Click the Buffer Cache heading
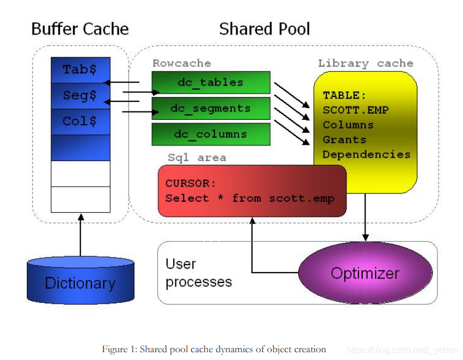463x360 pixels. pyautogui.click(x=80, y=29)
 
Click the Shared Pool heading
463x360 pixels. pyautogui.click(x=265, y=29)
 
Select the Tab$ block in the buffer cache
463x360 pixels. pyautogui.click(x=81, y=70)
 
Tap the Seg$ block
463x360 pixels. pyautogui.click(x=81, y=96)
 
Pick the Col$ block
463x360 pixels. pyautogui.click(x=81, y=121)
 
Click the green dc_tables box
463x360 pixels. pyautogui.click(x=211, y=82)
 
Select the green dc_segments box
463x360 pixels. pyautogui.click(x=211, y=108)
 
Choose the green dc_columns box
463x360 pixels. pyautogui.click(x=211, y=134)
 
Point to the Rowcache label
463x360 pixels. pyautogui.click(x=182, y=63)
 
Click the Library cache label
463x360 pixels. pyautogui.click(x=365, y=64)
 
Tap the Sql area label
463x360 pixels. pyautogui.click(x=197, y=158)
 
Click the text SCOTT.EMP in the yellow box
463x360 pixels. pyautogui.click(x=356, y=110)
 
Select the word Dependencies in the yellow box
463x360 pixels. pyautogui.click(x=367, y=154)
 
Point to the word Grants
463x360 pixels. pyautogui.click(x=344, y=140)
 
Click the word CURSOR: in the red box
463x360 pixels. pyautogui.click(x=191, y=183)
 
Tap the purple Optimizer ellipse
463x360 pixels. pyautogui.click(x=365, y=273)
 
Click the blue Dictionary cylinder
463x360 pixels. pyautogui.click(x=81, y=280)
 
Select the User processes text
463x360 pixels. pyautogui.click(x=199, y=273)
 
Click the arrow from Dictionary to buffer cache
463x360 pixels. pyautogui.click(x=81, y=235)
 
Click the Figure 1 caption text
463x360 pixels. pyautogui.click(x=214, y=349)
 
